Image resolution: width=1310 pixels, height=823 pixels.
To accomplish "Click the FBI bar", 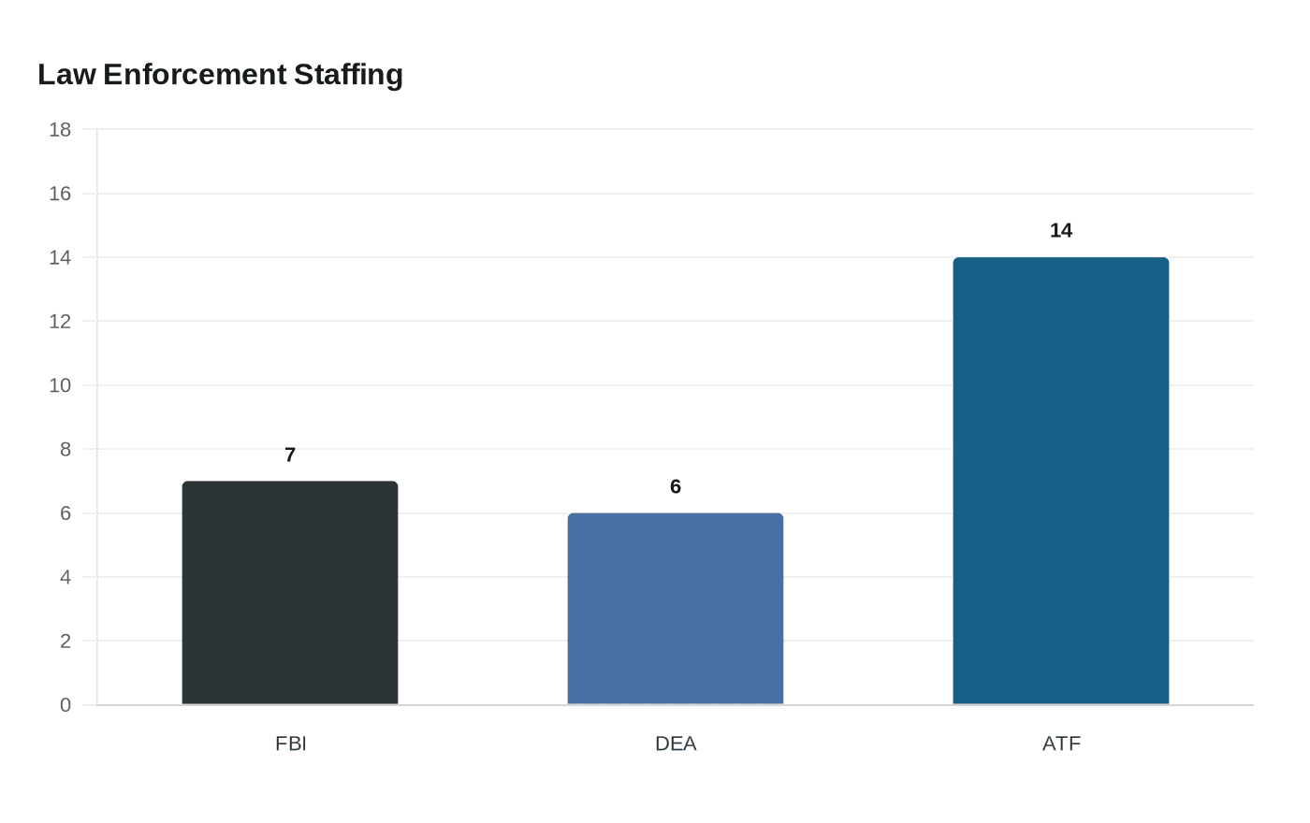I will pyautogui.click(x=290, y=593).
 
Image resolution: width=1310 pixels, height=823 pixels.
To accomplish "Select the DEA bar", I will pyautogui.click(x=676, y=609).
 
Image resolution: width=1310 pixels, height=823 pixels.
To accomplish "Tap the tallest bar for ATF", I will pyautogui.click(x=1061, y=481).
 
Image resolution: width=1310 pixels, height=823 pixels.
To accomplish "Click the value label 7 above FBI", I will pyautogui.click(x=290, y=455).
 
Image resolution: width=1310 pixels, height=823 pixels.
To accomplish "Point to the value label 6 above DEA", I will pyautogui.click(x=676, y=487).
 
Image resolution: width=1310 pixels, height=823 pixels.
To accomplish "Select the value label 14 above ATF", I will pyautogui.click(x=1061, y=231).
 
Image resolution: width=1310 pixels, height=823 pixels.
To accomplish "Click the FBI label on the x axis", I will pyautogui.click(x=290, y=744).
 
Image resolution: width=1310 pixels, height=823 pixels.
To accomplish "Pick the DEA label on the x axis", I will pyautogui.click(x=676, y=744).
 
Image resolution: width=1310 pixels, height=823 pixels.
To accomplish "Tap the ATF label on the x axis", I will pyautogui.click(x=1061, y=744).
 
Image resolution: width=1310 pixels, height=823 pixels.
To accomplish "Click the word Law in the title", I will pyautogui.click(x=66, y=75).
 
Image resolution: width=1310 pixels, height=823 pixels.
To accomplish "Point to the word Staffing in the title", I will pyautogui.click(x=348, y=75).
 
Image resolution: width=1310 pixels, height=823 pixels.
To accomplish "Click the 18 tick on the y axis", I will pyautogui.click(x=60, y=130).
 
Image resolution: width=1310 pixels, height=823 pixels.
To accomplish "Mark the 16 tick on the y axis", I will pyautogui.click(x=60, y=194).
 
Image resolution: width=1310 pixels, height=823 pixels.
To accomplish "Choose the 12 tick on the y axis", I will pyautogui.click(x=60, y=322).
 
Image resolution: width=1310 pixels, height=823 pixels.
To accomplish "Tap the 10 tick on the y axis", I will pyautogui.click(x=60, y=385).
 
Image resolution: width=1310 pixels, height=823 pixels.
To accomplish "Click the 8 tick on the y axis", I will pyautogui.click(x=65, y=450).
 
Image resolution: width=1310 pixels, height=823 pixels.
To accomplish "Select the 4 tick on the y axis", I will pyautogui.click(x=65, y=577).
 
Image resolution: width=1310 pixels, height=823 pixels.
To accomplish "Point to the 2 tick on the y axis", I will pyautogui.click(x=65, y=642).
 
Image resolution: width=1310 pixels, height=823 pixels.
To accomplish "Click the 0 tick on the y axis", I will pyautogui.click(x=65, y=705).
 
